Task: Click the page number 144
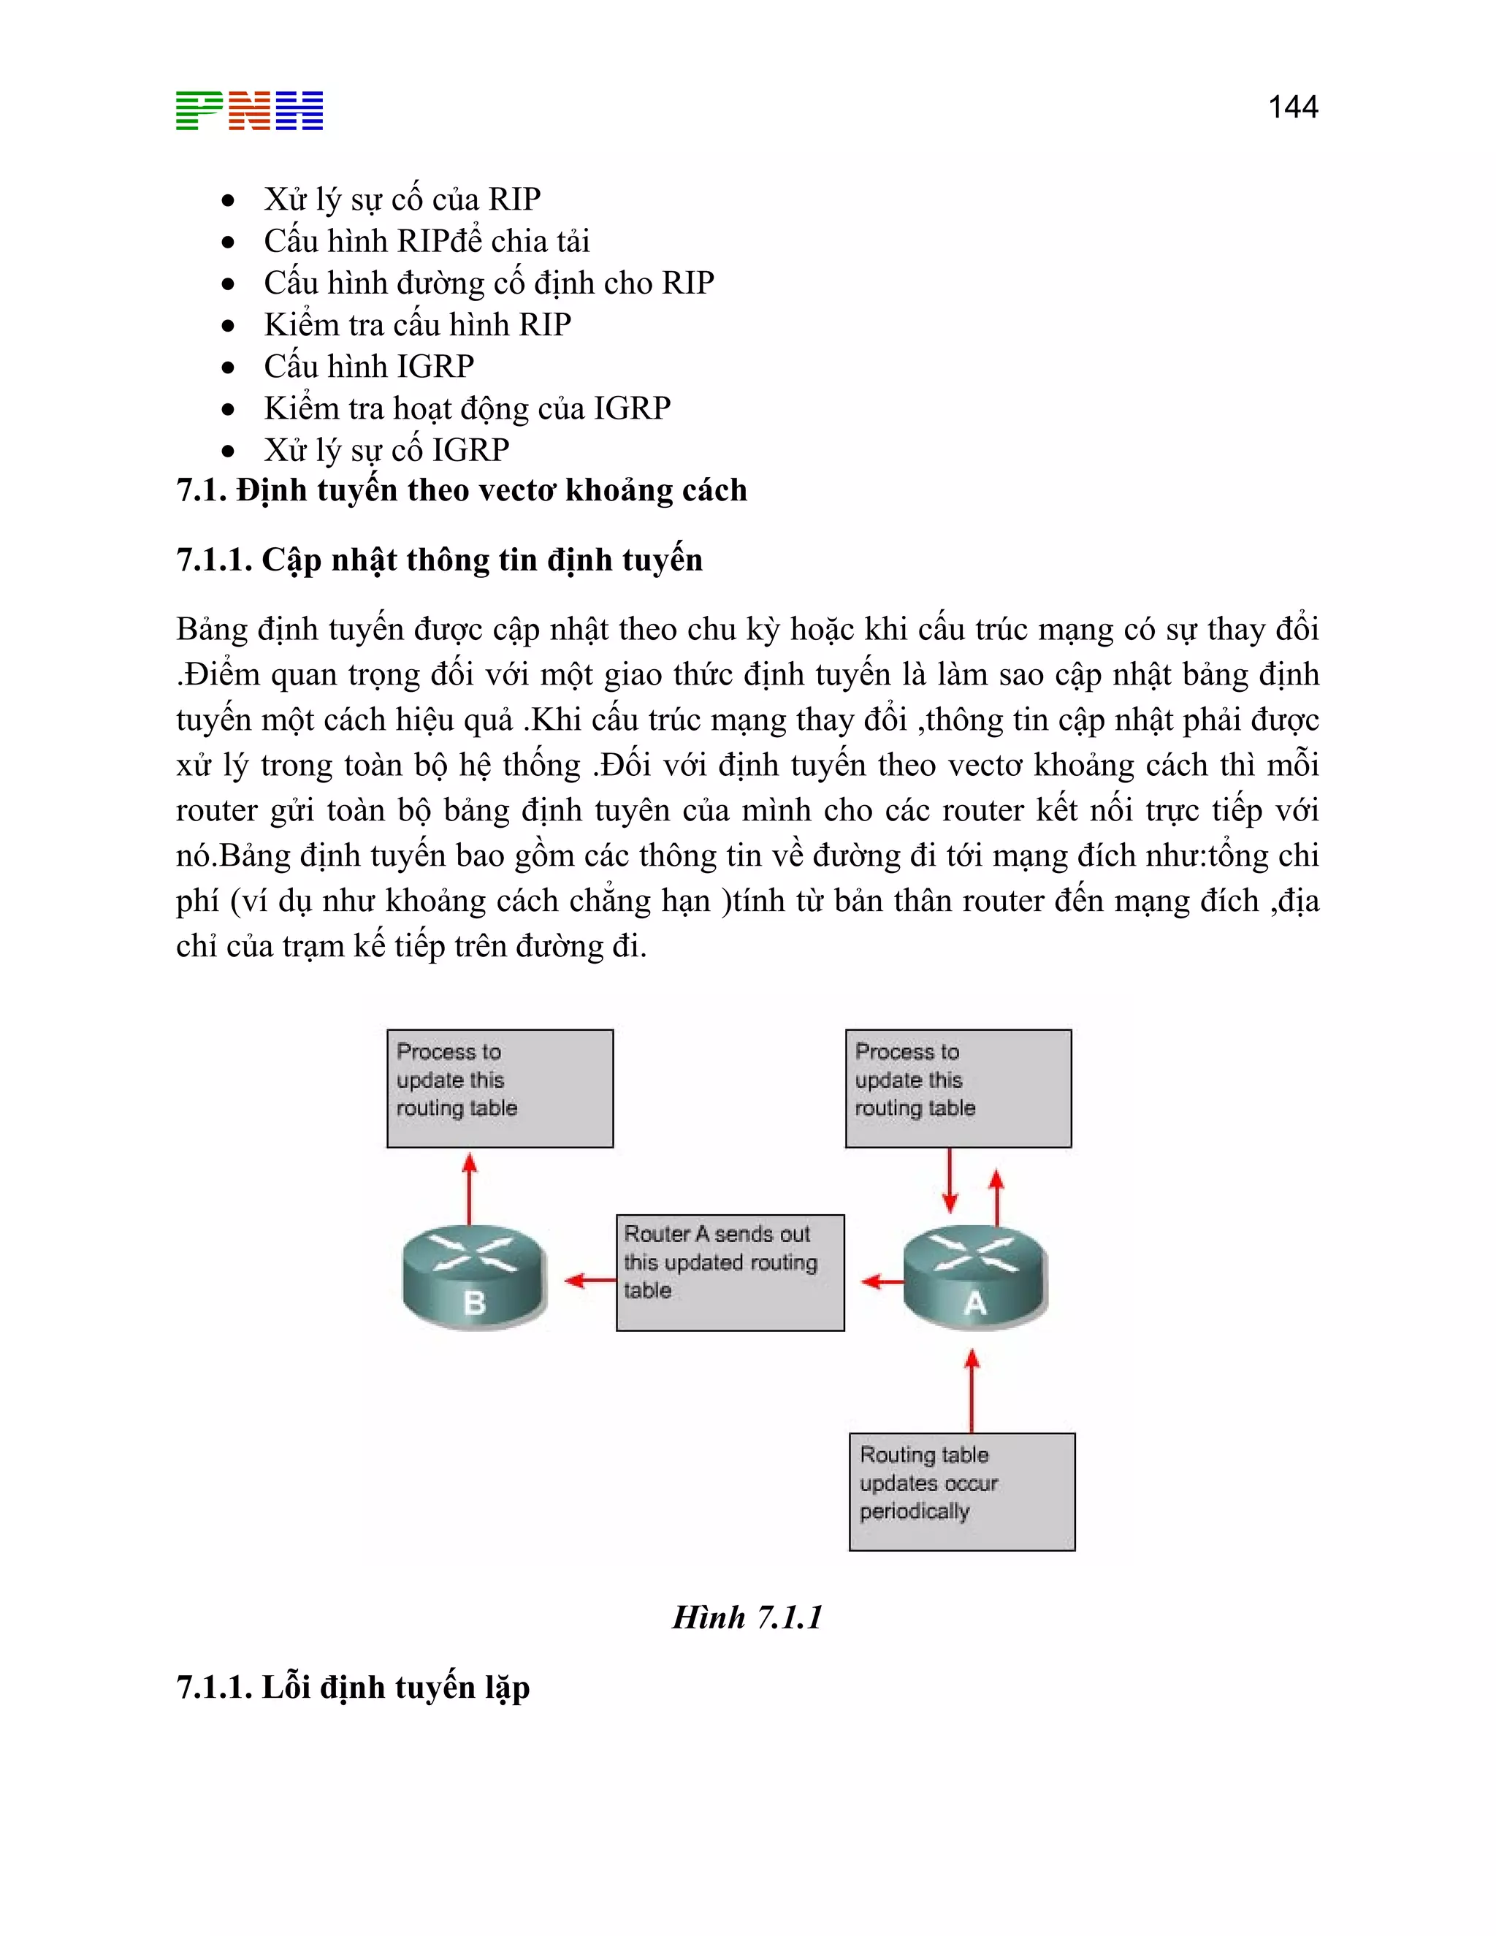click(1292, 107)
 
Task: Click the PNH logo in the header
click(249, 111)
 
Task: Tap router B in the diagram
click(474, 1277)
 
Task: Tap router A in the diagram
click(975, 1277)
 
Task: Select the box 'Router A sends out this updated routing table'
click(730, 1271)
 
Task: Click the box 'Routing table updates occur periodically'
click(961, 1491)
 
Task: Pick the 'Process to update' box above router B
click(500, 1088)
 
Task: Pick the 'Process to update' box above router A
click(958, 1088)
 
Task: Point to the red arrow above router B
click(470, 1188)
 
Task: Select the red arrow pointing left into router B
click(589, 1280)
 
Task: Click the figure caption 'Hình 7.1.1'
click(747, 1617)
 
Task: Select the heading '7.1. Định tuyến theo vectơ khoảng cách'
click(461, 490)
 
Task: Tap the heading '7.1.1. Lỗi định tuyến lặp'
click(353, 1687)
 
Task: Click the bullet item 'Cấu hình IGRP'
click(369, 366)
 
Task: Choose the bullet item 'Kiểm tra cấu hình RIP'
click(416, 324)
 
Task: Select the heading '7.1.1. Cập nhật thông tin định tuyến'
click(439, 560)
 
